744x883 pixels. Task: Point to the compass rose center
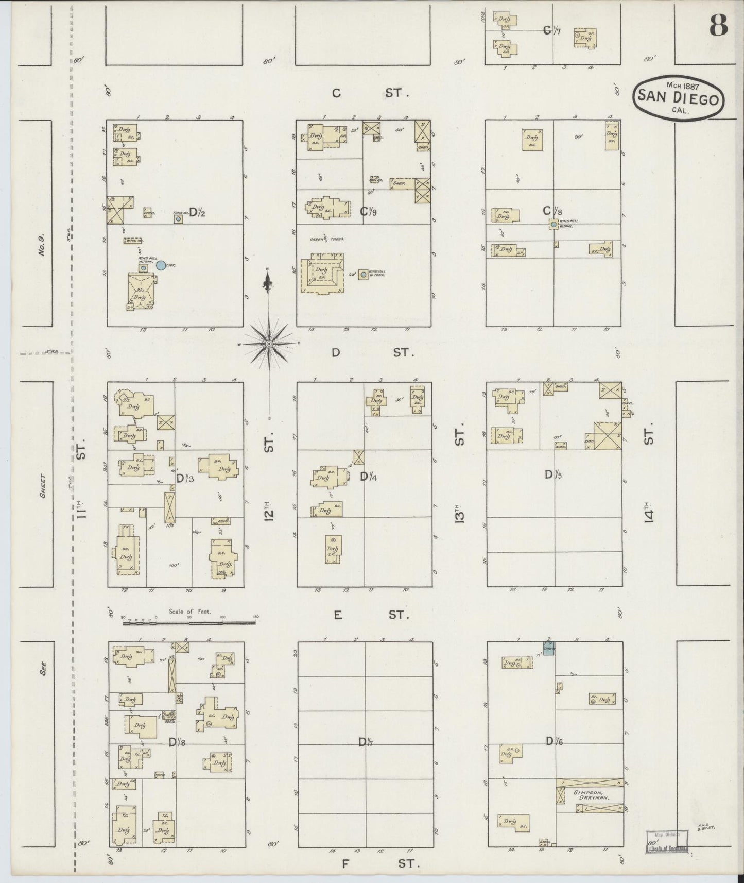pyautogui.click(x=269, y=343)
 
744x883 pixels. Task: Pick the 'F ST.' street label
pyautogui.click(x=380, y=863)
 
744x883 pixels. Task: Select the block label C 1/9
pyautogui.click(x=368, y=211)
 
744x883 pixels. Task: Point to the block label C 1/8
pyautogui.click(x=552, y=211)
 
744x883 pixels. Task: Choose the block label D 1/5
pyautogui.click(x=553, y=474)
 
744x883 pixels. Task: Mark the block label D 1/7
pyautogui.click(x=366, y=742)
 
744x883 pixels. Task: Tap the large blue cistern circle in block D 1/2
pyautogui.click(x=161, y=265)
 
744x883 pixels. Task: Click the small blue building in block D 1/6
pyautogui.click(x=549, y=650)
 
